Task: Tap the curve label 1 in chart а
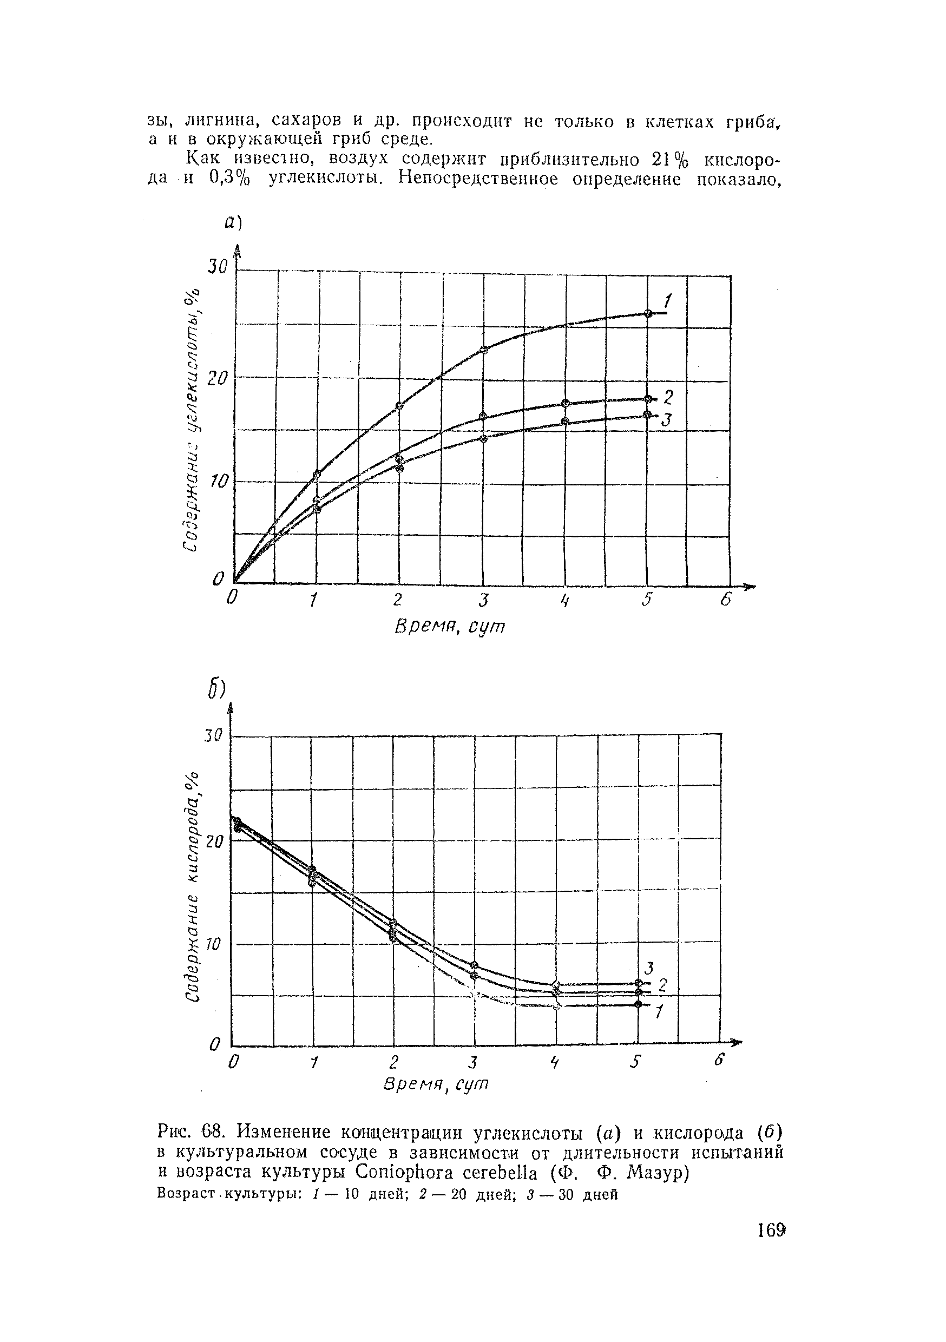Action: [668, 301]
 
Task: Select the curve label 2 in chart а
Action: [669, 397]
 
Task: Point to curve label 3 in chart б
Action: [648, 968]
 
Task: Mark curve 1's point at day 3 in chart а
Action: [483, 350]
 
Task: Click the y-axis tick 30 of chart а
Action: [216, 267]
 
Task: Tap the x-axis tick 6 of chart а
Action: [726, 600]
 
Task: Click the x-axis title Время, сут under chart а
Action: [450, 627]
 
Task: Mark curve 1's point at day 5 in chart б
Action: [638, 1004]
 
